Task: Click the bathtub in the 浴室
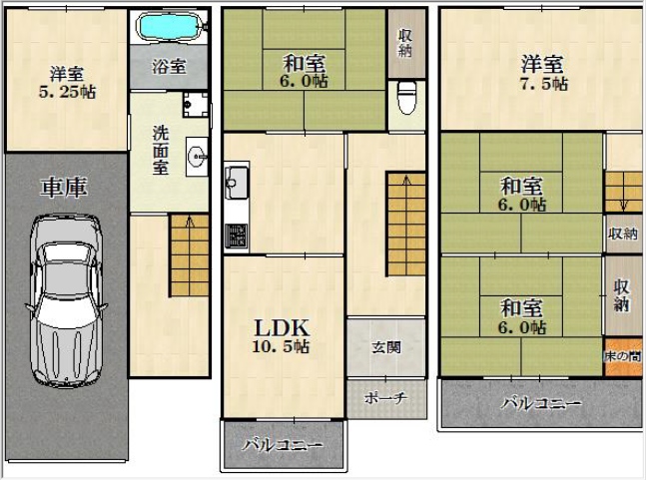coord(170,26)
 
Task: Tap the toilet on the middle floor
coord(407,97)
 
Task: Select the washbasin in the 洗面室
coord(197,157)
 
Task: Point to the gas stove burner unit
coord(237,236)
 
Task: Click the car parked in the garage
coord(66,299)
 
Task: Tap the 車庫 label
coord(64,188)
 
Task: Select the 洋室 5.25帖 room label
coord(67,83)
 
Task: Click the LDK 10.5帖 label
coord(282,336)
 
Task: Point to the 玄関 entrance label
coord(386,348)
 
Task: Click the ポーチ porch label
coord(385,397)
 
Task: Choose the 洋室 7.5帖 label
coord(542,73)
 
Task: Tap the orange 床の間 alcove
coord(623,357)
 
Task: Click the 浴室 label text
coord(169,66)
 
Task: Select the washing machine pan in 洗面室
coord(196,104)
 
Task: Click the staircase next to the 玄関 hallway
coord(405,225)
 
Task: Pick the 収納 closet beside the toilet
coord(406,43)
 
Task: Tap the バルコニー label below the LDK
coord(283,445)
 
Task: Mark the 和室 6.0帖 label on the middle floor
coord(305,71)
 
